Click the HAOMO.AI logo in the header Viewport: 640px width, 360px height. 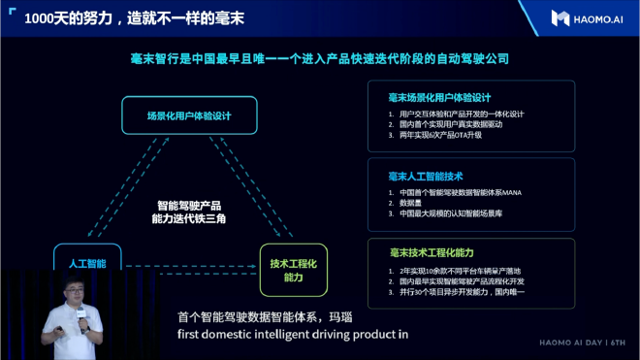point(587,17)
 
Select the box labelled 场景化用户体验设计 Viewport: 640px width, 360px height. point(189,115)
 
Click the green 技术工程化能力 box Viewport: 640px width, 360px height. point(293,270)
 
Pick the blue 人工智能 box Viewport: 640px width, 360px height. point(87,263)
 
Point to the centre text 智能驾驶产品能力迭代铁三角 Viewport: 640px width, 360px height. point(189,213)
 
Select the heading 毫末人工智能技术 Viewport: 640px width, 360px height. point(426,177)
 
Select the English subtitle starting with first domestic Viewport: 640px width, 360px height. point(292,336)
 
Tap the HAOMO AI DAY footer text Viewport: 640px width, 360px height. point(583,342)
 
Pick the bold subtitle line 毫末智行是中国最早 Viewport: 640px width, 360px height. point(319,59)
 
